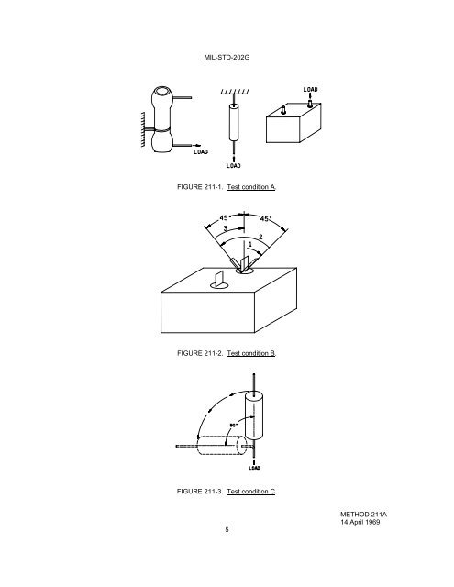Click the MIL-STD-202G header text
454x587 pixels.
coord(227,57)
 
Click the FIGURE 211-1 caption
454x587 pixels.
coord(227,187)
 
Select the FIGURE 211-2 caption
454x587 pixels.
coord(227,353)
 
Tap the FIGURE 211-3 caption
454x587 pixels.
coord(227,492)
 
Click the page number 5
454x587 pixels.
coord(227,530)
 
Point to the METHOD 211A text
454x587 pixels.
coord(363,515)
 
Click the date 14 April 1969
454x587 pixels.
coord(360,522)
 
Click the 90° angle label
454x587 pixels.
coord(234,426)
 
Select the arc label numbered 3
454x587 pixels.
coord(226,228)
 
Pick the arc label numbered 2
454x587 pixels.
coord(260,237)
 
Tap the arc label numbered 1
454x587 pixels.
coord(250,245)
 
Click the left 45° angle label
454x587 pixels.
coord(224,217)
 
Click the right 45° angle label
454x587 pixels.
coord(265,218)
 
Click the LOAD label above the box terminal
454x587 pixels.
coord(310,90)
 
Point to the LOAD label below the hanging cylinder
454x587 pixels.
coord(234,165)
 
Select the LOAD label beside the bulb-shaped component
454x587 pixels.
coord(201,152)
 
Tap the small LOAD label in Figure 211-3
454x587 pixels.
coord(254,468)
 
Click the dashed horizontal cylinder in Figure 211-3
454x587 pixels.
coord(222,446)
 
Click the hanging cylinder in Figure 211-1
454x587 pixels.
coord(234,122)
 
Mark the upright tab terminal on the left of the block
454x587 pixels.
coord(219,280)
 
